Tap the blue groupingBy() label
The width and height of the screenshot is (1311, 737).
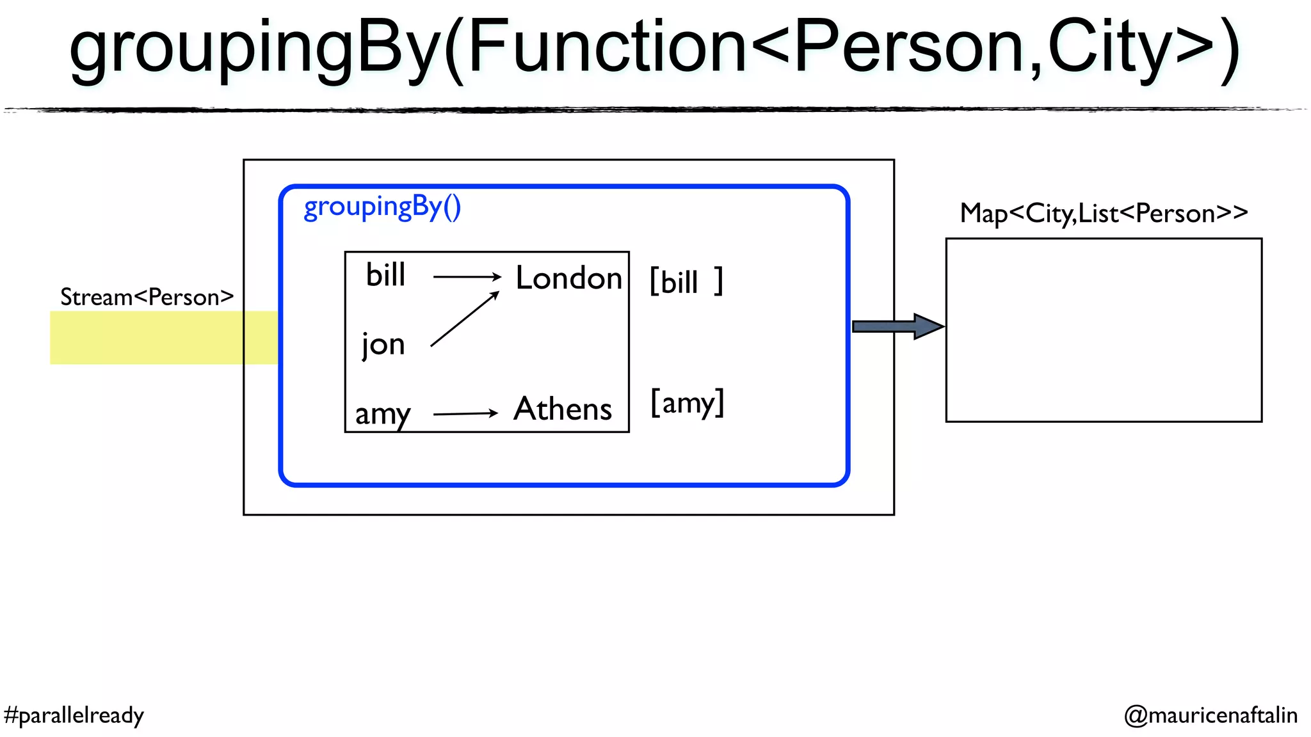[382, 207]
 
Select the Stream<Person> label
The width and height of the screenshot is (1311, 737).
[147, 297]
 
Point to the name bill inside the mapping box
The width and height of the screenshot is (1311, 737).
[385, 275]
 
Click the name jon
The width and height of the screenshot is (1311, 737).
[383, 345]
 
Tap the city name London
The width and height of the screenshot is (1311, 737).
[568, 278]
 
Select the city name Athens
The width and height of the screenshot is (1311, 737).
[563, 409]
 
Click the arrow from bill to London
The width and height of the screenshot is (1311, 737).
[467, 276]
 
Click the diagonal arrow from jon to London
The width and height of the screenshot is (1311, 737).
[464, 319]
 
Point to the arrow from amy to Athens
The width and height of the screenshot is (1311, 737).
[465, 414]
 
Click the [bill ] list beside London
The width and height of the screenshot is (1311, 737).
[686, 281]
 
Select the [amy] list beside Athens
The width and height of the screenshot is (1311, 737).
[687, 403]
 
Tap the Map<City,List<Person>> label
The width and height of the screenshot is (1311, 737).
[1104, 214]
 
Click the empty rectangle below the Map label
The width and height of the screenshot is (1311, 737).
[1104, 330]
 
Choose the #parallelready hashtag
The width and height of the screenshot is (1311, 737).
[74, 715]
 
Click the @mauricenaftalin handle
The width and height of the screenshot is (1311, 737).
[1210, 715]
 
